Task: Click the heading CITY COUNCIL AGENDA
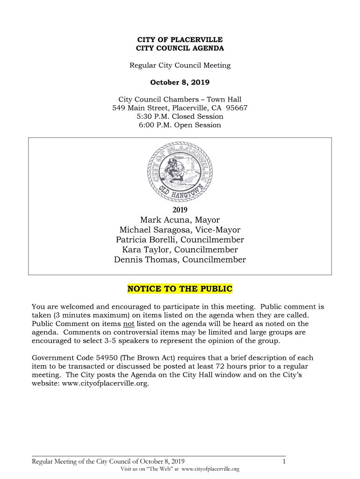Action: coord(180,48)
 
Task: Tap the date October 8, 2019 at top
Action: coord(180,82)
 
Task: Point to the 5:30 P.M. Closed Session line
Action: coord(180,116)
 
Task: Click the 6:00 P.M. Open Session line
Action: coord(180,125)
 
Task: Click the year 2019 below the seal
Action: coord(180,210)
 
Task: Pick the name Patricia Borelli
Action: coord(146,240)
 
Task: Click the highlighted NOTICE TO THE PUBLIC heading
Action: coord(180,289)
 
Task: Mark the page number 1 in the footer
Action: coord(284,462)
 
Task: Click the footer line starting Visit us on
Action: coord(180,469)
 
